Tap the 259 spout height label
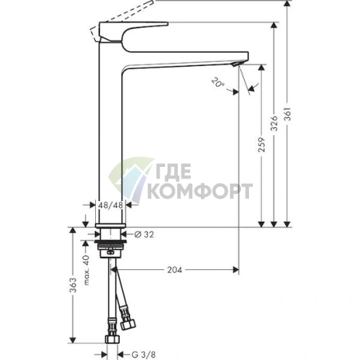(x=261, y=144)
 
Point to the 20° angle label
(x=218, y=83)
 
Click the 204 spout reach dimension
(x=175, y=270)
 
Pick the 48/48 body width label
(x=111, y=205)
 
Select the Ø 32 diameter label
(x=144, y=234)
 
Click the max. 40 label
(x=86, y=270)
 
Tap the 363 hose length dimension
(x=73, y=285)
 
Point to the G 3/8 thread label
(x=144, y=355)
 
